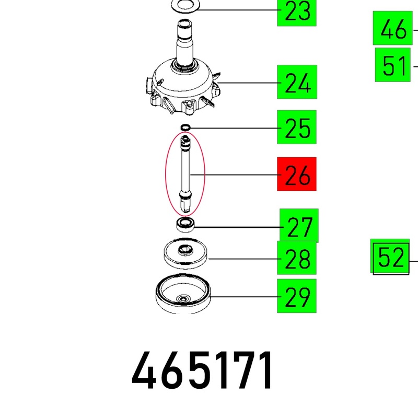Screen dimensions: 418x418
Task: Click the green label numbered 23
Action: point(297,13)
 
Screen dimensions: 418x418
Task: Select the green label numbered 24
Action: point(297,82)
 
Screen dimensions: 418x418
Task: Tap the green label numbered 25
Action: point(297,127)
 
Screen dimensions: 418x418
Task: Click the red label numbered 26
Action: point(297,174)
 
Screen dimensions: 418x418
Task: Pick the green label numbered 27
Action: point(299,226)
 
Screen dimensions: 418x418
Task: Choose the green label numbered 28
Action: point(297,258)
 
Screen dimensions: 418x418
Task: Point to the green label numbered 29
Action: point(297,296)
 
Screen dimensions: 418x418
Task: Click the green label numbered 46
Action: point(393,28)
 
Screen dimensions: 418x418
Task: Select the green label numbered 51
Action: point(393,65)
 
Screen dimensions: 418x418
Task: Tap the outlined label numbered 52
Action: point(391,258)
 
